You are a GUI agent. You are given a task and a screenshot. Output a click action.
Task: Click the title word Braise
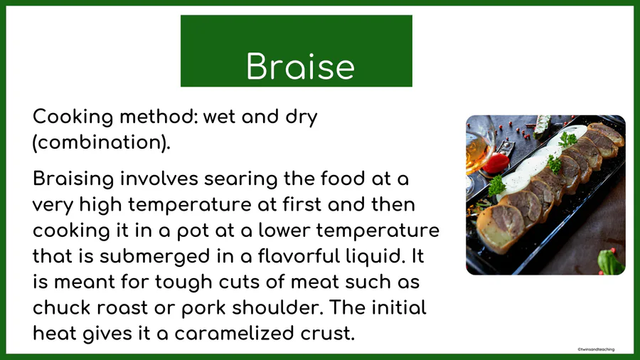point(300,66)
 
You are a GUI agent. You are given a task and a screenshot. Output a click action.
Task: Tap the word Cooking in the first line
point(73,117)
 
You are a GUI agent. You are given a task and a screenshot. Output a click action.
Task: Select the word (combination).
point(101,142)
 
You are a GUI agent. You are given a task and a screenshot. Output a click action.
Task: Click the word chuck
point(62,308)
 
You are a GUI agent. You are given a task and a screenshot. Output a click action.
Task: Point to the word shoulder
point(277,308)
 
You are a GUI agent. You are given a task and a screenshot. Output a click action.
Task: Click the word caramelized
point(234,333)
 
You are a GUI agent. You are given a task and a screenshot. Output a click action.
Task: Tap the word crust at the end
point(327,334)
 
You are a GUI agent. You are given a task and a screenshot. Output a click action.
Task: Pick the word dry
point(302,117)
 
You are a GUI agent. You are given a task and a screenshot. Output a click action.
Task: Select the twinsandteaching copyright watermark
point(596,349)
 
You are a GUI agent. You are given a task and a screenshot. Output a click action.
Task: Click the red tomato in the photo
point(496,163)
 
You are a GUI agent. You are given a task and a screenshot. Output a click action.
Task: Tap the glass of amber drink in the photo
point(476,152)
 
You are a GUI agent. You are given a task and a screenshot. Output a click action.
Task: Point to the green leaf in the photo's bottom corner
point(610,262)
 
